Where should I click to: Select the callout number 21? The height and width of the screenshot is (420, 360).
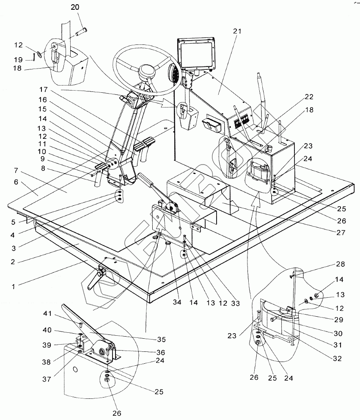(x=236, y=31)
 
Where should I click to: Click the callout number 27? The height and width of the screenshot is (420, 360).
(x=341, y=232)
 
